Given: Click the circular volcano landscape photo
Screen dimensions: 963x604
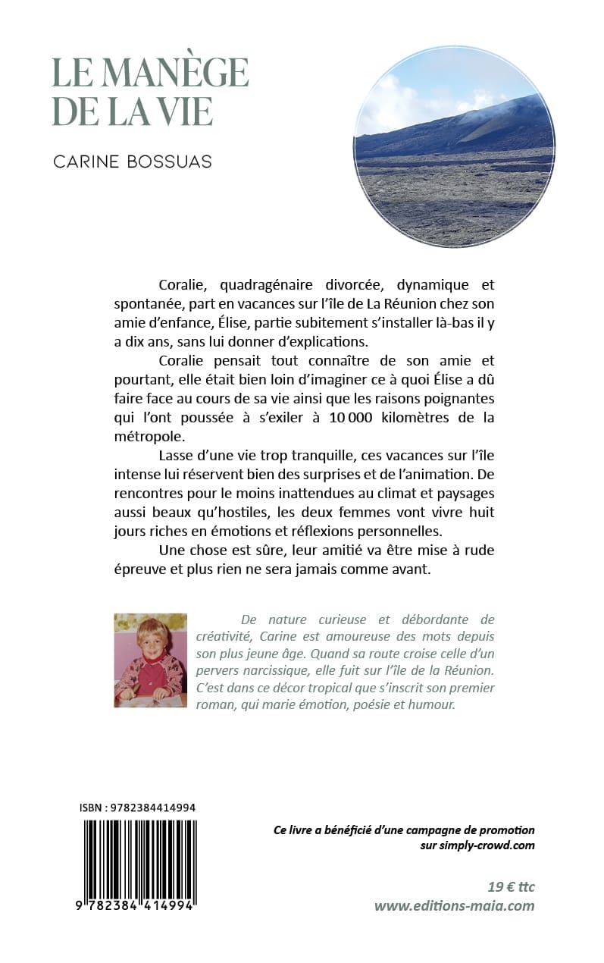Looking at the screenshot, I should (x=454, y=146).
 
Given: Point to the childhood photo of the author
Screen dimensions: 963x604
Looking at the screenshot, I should (x=150, y=660).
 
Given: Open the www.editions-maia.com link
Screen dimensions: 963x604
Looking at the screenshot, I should (x=454, y=906).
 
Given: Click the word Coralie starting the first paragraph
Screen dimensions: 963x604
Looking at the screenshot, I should (x=186, y=285).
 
